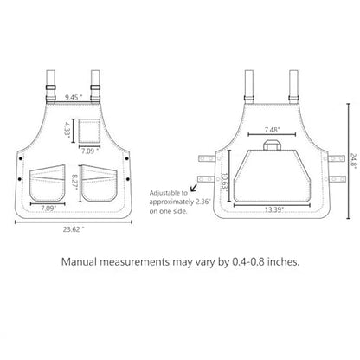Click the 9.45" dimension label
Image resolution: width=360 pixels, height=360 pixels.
click(74, 97)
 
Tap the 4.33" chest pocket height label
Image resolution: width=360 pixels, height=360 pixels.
click(67, 131)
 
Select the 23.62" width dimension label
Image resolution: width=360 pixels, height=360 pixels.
click(74, 229)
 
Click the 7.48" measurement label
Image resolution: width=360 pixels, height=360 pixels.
click(273, 130)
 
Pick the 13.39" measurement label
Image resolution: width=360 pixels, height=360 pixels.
click(274, 209)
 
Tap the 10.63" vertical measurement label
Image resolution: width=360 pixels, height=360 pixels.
click(224, 183)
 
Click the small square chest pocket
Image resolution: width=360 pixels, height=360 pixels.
click(90, 131)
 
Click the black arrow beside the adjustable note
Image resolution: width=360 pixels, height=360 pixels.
click(194, 188)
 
